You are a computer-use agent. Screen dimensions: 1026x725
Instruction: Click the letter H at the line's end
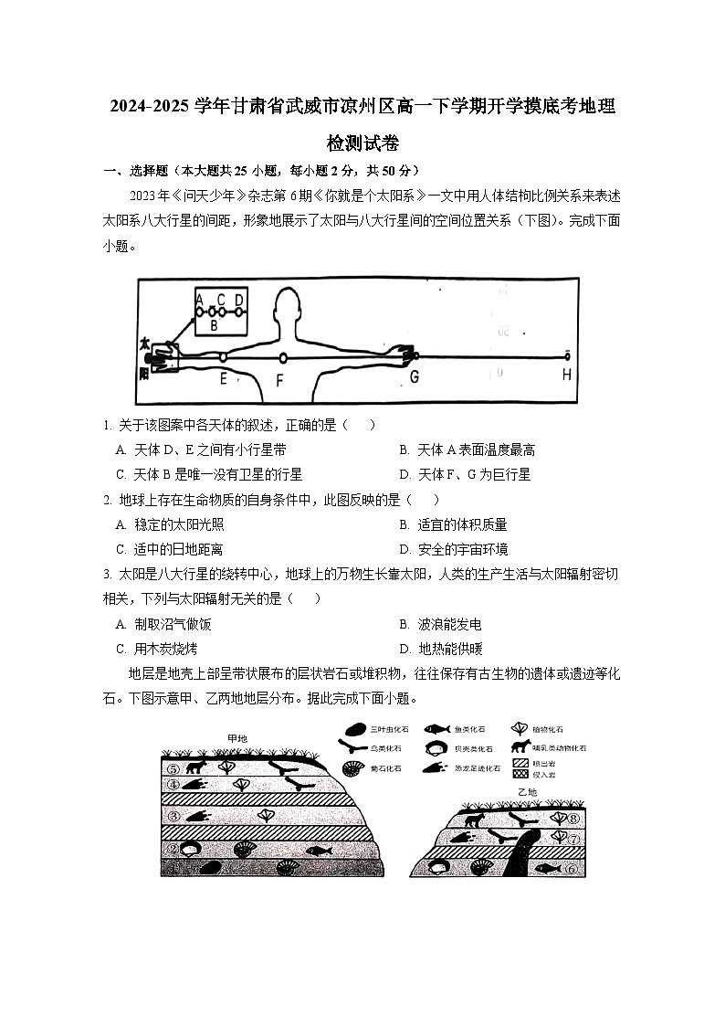[x=566, y=375]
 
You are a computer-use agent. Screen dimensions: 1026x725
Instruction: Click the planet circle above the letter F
[x=283, y=357]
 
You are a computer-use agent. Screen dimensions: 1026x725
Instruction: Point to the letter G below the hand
[x=414, y=375]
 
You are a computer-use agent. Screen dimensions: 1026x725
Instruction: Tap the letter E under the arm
[x=223, y=376]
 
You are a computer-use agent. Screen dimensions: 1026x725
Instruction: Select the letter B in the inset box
[x=214, y=324]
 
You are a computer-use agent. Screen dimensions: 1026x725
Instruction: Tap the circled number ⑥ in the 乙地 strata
[x=571, y=869]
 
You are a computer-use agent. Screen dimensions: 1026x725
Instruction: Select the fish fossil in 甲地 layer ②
[x=317, y=851]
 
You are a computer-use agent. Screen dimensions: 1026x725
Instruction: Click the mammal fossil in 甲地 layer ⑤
[x=194, y=767]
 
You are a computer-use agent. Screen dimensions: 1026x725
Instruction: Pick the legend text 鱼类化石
[x=470, y=729]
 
